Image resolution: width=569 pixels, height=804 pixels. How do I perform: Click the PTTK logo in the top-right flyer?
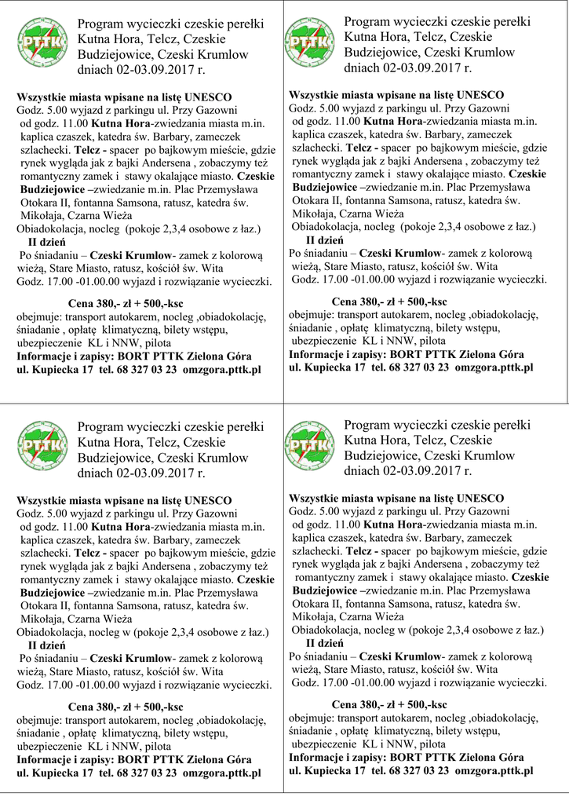[312, 42]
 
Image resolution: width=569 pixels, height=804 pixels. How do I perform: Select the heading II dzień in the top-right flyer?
[324, 239]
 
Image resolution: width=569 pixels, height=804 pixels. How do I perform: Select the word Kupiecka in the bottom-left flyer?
[57, 773]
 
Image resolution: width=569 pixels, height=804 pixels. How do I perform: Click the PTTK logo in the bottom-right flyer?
[312, 444]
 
